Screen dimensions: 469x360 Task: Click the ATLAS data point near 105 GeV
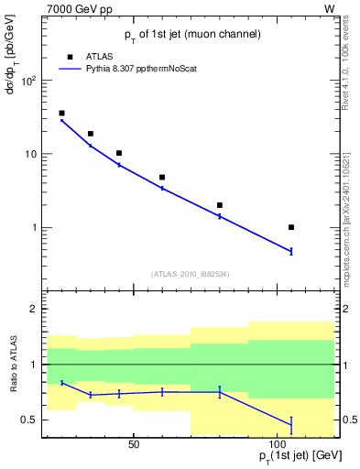[291, 227]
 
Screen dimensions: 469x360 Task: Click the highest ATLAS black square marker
[61, 114]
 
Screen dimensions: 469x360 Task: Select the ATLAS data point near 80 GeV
[220, 205]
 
